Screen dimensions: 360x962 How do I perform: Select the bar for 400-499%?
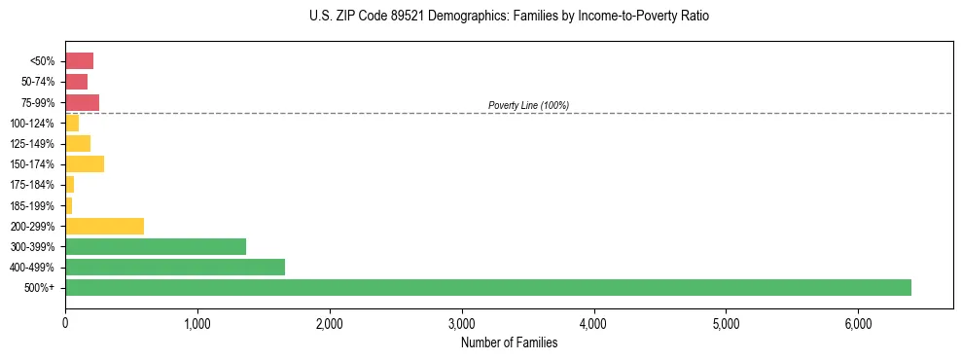click(x=175, y=267)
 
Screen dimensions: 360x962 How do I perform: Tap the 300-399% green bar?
click(x=156, y=246)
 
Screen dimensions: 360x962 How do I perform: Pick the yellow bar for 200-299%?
click(x=104, y=226)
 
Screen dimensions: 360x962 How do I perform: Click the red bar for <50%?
click(x=79, y=60)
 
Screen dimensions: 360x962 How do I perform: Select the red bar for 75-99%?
click(x=82, y=102)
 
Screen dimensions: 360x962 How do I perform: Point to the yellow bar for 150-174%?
click(x=85, y=163)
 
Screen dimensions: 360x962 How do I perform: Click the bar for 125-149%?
click(x=78, y=143)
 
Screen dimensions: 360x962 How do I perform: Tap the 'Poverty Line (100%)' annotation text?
click(x=528, y=105)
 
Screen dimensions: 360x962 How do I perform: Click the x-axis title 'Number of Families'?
click(x=509, y=342)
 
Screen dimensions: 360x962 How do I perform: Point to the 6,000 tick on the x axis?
click(x=858, y=323)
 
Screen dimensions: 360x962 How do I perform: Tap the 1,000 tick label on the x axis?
click(x=197, y=323)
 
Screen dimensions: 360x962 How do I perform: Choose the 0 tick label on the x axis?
click(x=65, y=323)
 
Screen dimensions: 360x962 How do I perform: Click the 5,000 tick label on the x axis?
click(x=726, y=323)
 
